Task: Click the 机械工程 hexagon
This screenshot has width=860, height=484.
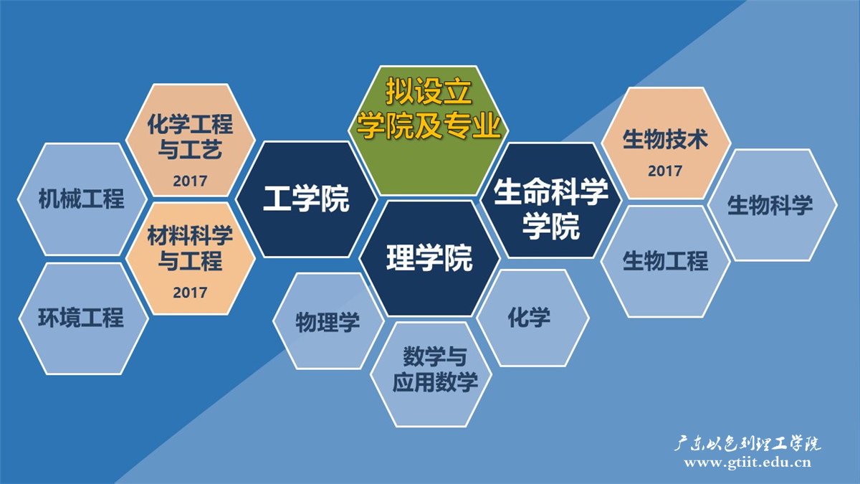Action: point(81,199)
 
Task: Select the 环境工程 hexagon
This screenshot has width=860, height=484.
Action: point(81,318)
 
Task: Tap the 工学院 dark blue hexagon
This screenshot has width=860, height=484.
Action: point(306,199)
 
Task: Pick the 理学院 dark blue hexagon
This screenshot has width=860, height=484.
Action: point(429,258)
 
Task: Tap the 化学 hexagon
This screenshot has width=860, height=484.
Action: point(530,318)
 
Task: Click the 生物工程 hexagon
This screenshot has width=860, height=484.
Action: point(665,260)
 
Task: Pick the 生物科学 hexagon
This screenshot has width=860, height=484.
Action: point(771,206)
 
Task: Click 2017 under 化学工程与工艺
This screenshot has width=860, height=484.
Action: point(190,181)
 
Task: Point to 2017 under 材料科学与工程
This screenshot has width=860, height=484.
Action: point(190,293)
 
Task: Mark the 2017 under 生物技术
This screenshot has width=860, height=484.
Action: point(665,171)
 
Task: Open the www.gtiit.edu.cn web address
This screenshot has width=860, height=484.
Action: point(747,462)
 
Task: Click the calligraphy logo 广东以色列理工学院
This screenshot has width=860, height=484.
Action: point(747,443)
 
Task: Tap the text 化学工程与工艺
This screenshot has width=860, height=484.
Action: point(190,137)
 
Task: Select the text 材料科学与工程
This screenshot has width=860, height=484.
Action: point(190,248)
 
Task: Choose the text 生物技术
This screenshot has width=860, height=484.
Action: point(665,139)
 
